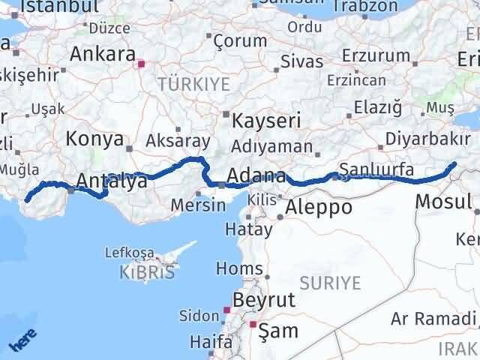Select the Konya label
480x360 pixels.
pyautogui.click(x=94, y=139)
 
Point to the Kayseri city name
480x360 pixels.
pyautogui.click(x=266, y=121)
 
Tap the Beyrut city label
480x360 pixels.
pyautogui.click(x=263, y=300)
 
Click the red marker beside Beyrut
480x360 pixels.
pyautogui.click(x=226, y=308)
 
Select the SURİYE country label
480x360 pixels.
pyautogui.click(x=330, y=283)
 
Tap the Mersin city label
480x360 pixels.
pyautogui.click(x=198, y=205)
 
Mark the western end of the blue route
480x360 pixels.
pyautogui.click(x=28, y=199)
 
